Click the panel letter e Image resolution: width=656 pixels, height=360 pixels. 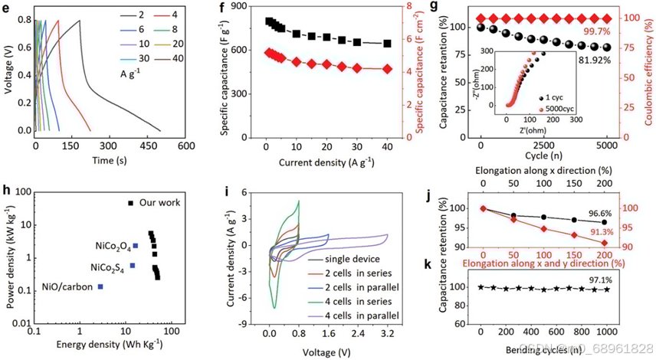coord(7,8)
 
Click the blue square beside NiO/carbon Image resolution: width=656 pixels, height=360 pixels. coord(100,286)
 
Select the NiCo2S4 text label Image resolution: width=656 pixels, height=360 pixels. coord(110,267)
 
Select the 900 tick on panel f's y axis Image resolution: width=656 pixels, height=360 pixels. coord(244,8)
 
